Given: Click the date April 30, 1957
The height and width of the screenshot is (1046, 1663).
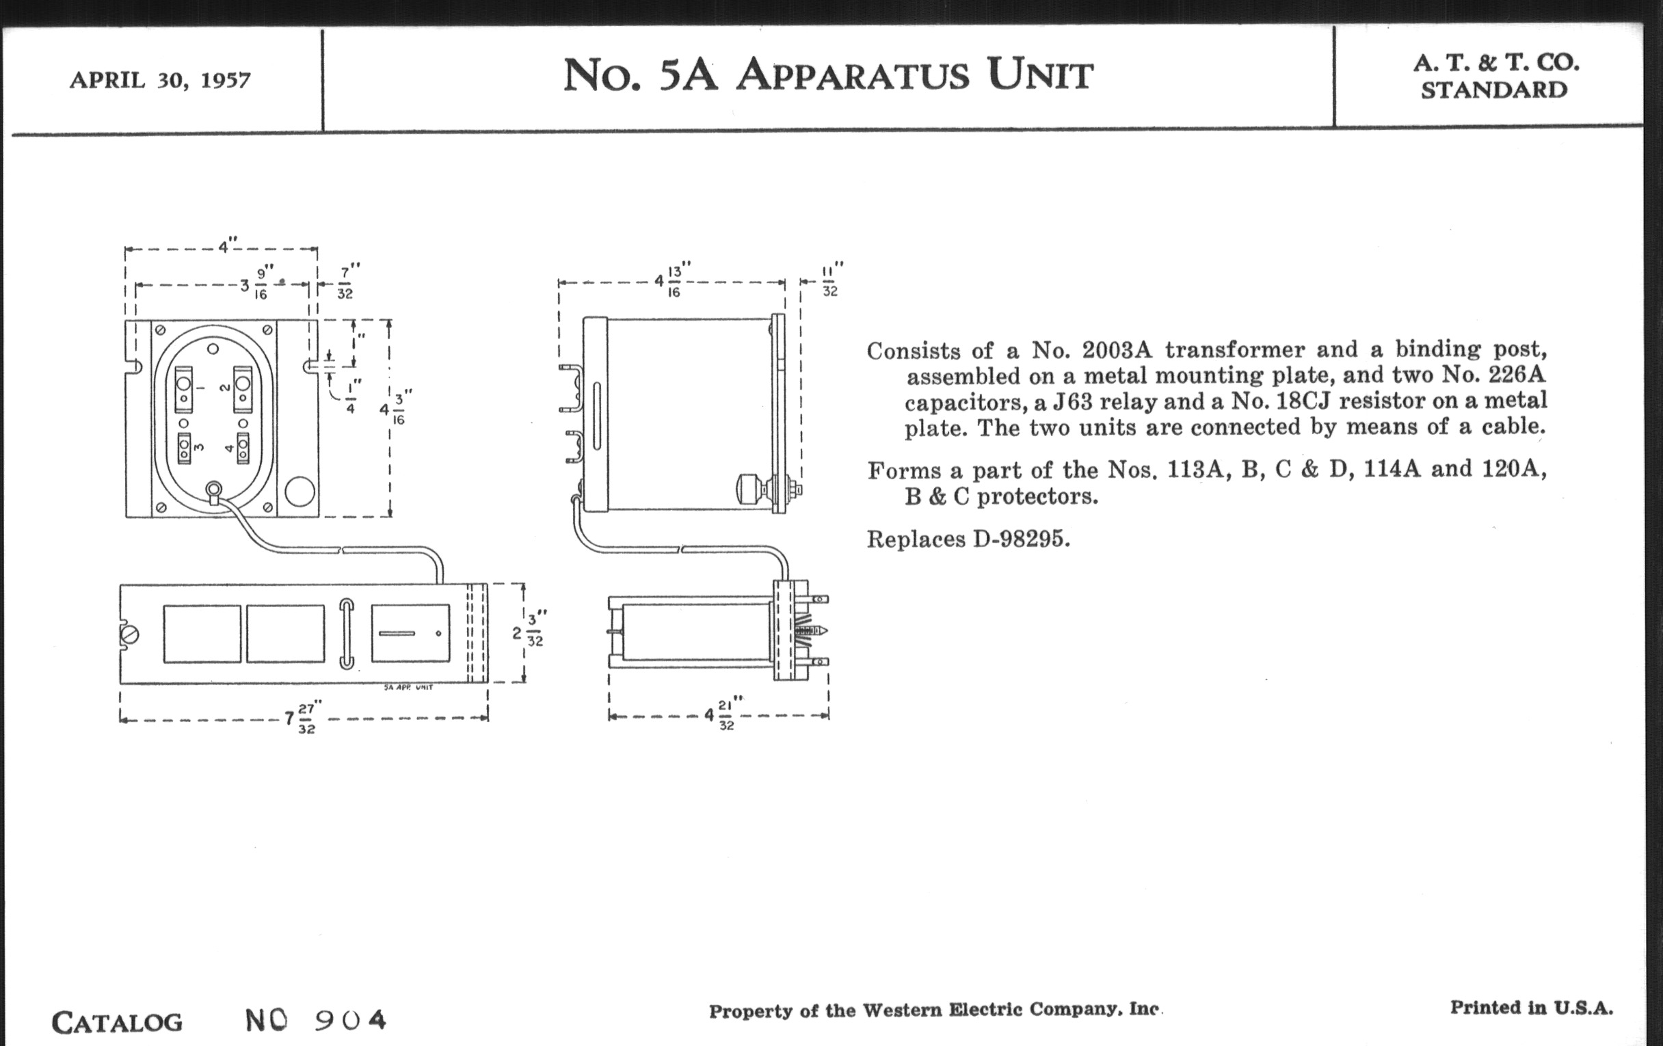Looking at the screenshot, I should click(159, 81).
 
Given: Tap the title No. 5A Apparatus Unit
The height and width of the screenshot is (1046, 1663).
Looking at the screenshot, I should click(828, 75).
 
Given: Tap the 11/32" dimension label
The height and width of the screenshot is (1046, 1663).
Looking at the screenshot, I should click(831, 280).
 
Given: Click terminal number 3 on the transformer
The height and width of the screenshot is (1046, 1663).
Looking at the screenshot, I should click(198, 447).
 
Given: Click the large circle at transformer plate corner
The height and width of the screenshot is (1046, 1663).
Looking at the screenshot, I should click(299, 492).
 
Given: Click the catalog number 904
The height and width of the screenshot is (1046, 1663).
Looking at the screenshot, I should click(350, 1020).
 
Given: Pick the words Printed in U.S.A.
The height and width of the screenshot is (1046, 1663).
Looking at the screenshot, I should click(1531, 1008).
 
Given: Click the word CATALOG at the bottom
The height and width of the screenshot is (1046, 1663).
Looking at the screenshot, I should click(118, 1023).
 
